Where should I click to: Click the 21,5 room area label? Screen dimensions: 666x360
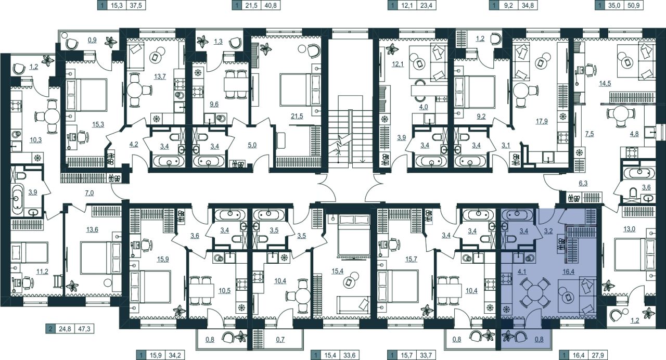tap(297, 116)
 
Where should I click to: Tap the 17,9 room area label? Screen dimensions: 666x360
tap(542, 121)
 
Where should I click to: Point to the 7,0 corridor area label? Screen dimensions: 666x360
tap(89, 193)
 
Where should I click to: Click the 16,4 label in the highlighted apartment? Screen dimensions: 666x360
tap(568, 271)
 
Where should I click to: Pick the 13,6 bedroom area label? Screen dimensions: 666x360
tap(92, 229)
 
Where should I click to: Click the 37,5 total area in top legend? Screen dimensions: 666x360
tap(136, 5)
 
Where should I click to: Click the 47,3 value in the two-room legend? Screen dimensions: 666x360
tap(84, 329)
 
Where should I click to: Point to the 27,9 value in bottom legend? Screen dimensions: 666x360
tap(598, 355)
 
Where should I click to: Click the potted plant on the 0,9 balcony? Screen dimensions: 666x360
tap(111, 42)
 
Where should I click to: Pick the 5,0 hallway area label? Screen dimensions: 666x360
tap(252, 145)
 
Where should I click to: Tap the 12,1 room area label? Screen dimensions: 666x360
tap(398, 64)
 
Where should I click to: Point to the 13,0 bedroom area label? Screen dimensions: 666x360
tap(629, 229)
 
